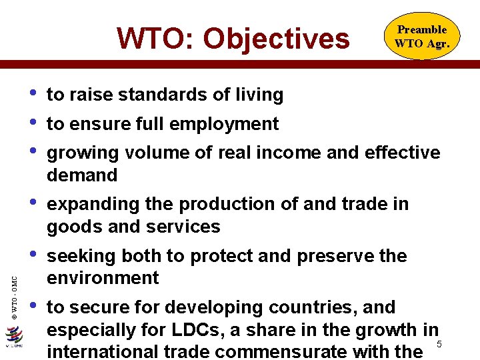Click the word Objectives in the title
277,39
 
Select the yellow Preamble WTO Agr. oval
421,37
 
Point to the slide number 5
439,344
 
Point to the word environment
103,278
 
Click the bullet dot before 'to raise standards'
33,92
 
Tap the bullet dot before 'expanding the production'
33,201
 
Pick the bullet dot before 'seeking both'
33,253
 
